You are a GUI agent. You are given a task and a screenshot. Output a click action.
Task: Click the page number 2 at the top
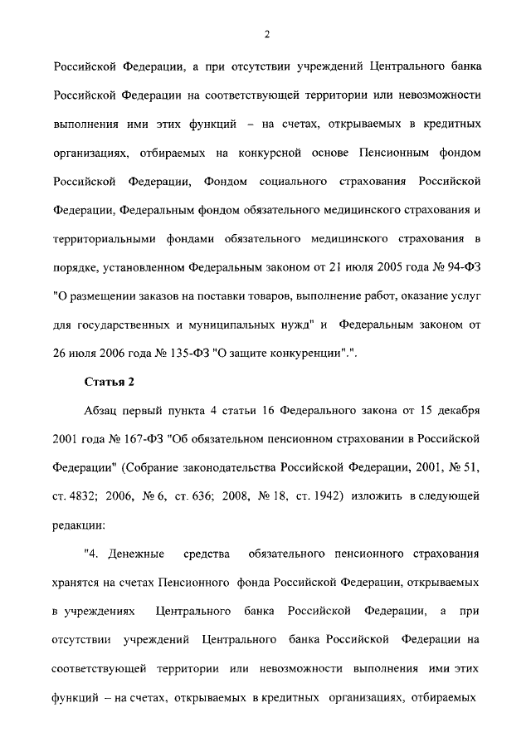click(x=265, y=34)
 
